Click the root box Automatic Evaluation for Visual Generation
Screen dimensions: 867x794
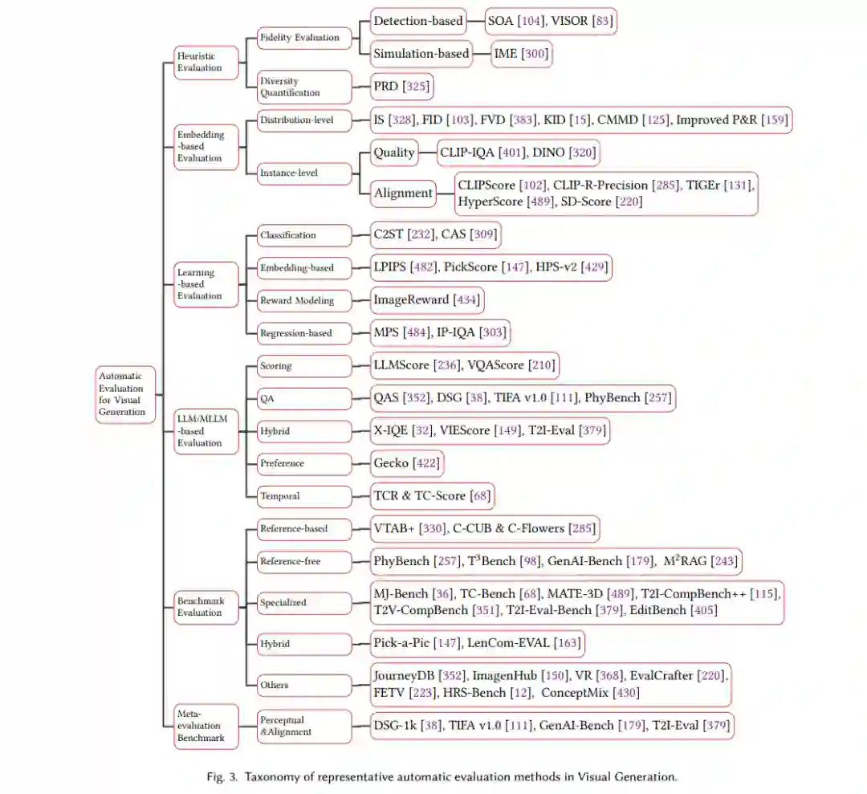[125, 394]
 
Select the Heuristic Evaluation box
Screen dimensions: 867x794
[207, 63]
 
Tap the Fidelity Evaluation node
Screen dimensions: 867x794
[303, 37]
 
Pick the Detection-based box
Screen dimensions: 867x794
[418, 21]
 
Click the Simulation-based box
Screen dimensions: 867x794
[421, 54]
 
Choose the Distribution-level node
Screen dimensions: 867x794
[303, 121]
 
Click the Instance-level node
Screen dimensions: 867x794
[303, 172]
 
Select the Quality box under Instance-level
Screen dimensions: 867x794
[394, 153]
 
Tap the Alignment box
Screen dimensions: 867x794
[403, 193]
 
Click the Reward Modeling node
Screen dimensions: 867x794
[303, 300]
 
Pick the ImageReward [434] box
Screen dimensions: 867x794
[427, 300]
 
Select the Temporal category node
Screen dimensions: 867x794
[303, 496]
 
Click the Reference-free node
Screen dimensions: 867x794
[303, 561]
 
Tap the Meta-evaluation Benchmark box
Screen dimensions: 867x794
[207, 726]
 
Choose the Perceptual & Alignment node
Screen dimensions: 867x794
[303, 726]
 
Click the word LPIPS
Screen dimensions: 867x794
[390, 267]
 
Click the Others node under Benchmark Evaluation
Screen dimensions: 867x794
[303, 685]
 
